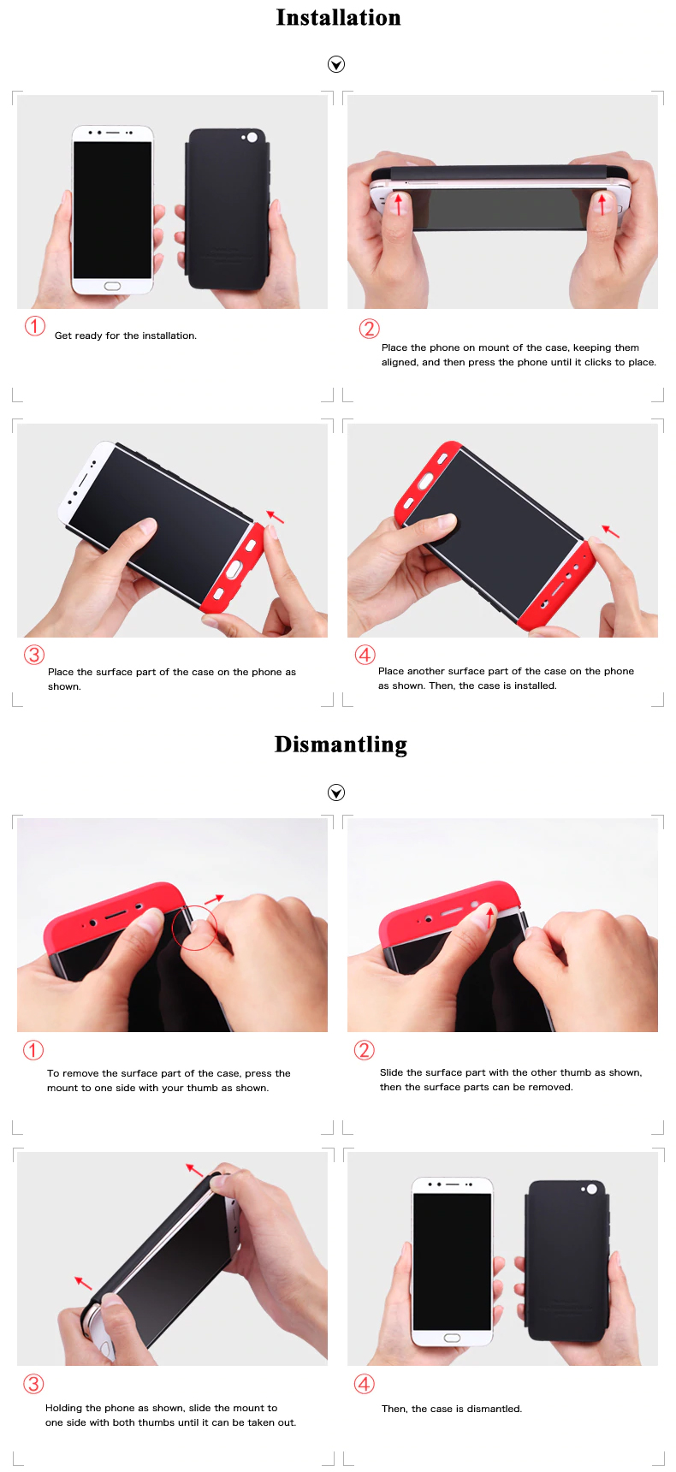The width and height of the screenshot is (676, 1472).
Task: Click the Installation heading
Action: pyautogui.click(x=338, y=17)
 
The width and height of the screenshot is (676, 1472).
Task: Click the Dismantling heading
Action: pyautogui.click(x=341, y=745)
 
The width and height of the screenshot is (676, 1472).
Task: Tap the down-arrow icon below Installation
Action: pyautogui.click(x=336, y=64)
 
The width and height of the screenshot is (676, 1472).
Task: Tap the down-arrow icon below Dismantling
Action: pyautogui.click(x=336, y=792)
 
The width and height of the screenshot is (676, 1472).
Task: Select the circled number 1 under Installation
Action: pyautogui.click(x=34, y=326)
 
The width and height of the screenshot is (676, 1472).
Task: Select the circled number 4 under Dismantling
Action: pyautogui.click(x=365, y=1384)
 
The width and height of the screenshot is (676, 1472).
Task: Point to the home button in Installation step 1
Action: pyautogui.click(x=112, y=286)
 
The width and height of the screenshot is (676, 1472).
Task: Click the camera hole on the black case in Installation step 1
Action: pyautogui.click(x=252, y=137)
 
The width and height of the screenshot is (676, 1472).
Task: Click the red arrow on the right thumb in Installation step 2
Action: pyautogui.click(x=602, y=204)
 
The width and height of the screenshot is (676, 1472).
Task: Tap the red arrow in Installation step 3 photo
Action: pyautogui.click(x=275, y=517)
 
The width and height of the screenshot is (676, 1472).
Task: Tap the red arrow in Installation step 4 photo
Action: pyautogui.click(x=610, y=531)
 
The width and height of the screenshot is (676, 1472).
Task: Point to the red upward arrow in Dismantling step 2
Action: pyautogui.click(x=490, y=917)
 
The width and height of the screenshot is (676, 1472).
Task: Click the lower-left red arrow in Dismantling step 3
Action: pyautogui.click(x=83, y=1283)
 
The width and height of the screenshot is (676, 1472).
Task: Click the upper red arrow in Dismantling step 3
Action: pyautogui.click(x=195, y=1170)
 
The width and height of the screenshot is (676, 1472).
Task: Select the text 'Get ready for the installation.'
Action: pyautogui.click(x=126, y=335)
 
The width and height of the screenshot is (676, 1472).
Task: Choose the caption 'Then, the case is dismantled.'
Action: pyautogui.click(x=452, y=1409)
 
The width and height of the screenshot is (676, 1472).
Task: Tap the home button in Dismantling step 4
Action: pyautogui.click(x=452, y=1338)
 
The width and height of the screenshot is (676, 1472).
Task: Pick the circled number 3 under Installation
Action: pyautogui.click(x=33, y=655)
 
